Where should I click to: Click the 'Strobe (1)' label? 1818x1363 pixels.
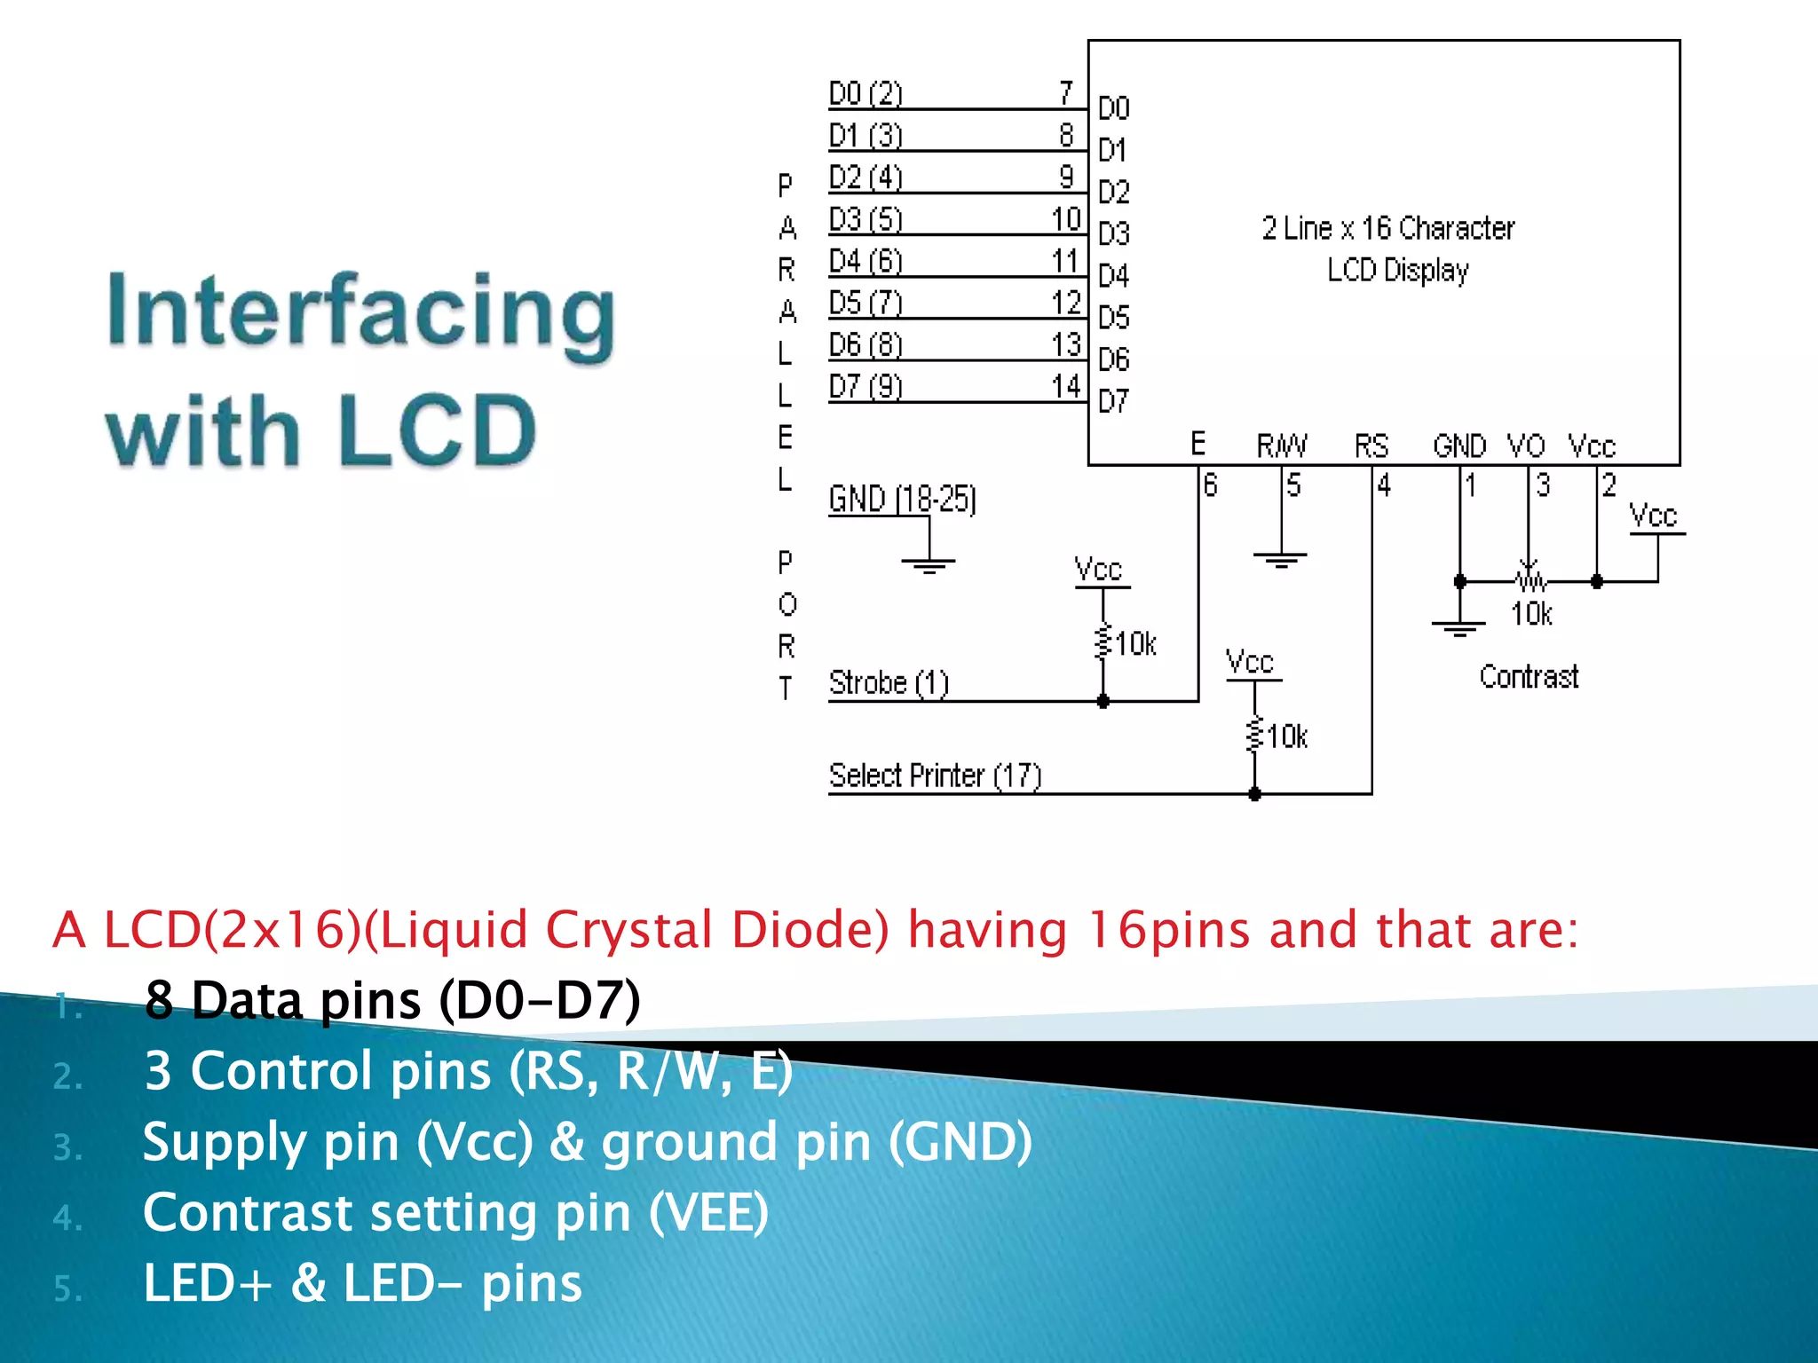889,683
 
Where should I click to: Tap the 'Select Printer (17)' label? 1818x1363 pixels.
935,776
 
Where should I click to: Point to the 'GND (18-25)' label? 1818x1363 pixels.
902,499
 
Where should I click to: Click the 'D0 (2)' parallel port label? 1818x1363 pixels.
866,93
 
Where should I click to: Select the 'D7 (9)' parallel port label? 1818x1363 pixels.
866,387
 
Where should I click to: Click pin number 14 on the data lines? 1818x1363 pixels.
1066,387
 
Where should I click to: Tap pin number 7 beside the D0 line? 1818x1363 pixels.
1066,92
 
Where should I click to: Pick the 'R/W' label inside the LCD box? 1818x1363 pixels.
1282,445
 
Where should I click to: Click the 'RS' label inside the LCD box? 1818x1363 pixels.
1371,445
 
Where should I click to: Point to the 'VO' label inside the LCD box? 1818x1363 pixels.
1526,445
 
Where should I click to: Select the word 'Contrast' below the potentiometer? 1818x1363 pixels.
1529,677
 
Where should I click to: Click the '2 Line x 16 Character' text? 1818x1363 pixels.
1388,229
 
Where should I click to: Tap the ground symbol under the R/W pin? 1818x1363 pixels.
1280,559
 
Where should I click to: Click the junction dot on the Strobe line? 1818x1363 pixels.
1103,702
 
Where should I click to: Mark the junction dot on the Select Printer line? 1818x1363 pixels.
1254,794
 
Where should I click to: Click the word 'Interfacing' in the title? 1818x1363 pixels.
360,312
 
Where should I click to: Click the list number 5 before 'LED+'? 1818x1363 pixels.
67,1288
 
